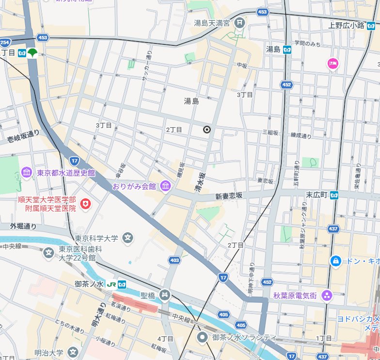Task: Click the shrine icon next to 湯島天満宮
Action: click(x=239, y=23)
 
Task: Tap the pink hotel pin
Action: click(x=332, y=63)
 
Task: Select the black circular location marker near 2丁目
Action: click(x=207, y=130)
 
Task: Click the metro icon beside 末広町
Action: click(x=335, y=195)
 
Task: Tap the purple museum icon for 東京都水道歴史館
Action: click(x=27, y=173)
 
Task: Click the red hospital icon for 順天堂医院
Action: click(x=86, y=205)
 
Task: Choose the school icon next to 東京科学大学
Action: click(x=128, y=238)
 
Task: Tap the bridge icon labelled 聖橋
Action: click(x=165, y=295)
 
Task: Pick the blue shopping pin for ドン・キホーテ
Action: click(x=335, y=261)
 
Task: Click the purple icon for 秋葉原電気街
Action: click(x=328, y=295)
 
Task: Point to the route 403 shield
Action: click(x=174, y=261)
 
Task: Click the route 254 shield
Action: click(x=5, y=42)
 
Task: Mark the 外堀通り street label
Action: click(x=23, y=226)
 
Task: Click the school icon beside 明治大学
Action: click(x=73, y=352)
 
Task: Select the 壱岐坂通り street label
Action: click(x=23, y=136)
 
